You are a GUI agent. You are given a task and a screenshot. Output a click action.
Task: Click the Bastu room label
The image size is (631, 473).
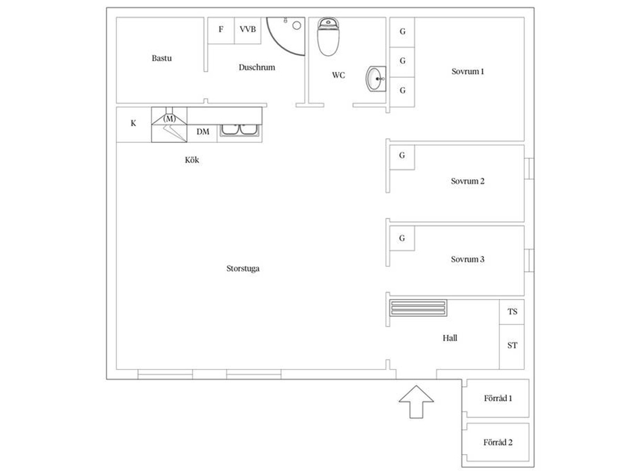tap(161, 58)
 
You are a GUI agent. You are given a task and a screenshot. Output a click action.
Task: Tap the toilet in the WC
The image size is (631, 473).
tap(328, 36)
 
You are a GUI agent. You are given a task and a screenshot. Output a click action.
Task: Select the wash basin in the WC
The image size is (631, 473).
tap(376, 79)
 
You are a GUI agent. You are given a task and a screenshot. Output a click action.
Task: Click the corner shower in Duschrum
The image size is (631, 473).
tap(286, 36)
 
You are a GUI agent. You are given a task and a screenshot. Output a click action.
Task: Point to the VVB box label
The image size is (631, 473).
tap(248, 29)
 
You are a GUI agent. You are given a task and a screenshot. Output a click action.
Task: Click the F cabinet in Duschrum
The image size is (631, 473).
tap(221, 30)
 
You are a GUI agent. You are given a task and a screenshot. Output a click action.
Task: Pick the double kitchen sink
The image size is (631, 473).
tap(240, 130)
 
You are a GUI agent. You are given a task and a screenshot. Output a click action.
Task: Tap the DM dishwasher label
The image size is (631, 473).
tap(202, 132)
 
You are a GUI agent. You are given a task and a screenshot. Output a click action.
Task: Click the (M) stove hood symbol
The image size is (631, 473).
tap(169, 118)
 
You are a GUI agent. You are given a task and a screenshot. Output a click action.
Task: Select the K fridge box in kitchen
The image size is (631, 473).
tap(134, 125)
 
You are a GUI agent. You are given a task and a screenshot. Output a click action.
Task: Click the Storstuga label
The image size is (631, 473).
tap(243, 269)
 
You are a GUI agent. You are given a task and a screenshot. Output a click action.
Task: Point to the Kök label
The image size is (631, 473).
tap(192, 160)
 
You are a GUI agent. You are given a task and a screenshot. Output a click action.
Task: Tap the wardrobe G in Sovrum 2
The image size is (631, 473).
tap(402, 157)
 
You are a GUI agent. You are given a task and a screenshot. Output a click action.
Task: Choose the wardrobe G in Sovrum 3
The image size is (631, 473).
tap(402, 238)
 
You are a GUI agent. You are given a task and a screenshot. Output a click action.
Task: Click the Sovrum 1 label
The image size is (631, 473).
tap(467, 71)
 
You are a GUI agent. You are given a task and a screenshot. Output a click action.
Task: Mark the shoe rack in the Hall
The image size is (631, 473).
tap(418, 308)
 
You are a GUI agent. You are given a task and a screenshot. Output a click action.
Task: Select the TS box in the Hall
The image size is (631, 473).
tap(512, 312)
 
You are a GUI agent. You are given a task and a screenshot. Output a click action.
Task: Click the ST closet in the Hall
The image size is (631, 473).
tap(512, 347)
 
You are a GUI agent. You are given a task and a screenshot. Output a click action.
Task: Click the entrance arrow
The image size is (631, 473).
tap(416, 402)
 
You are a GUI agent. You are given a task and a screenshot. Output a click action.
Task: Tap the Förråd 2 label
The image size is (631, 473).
tap(497, 443)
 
